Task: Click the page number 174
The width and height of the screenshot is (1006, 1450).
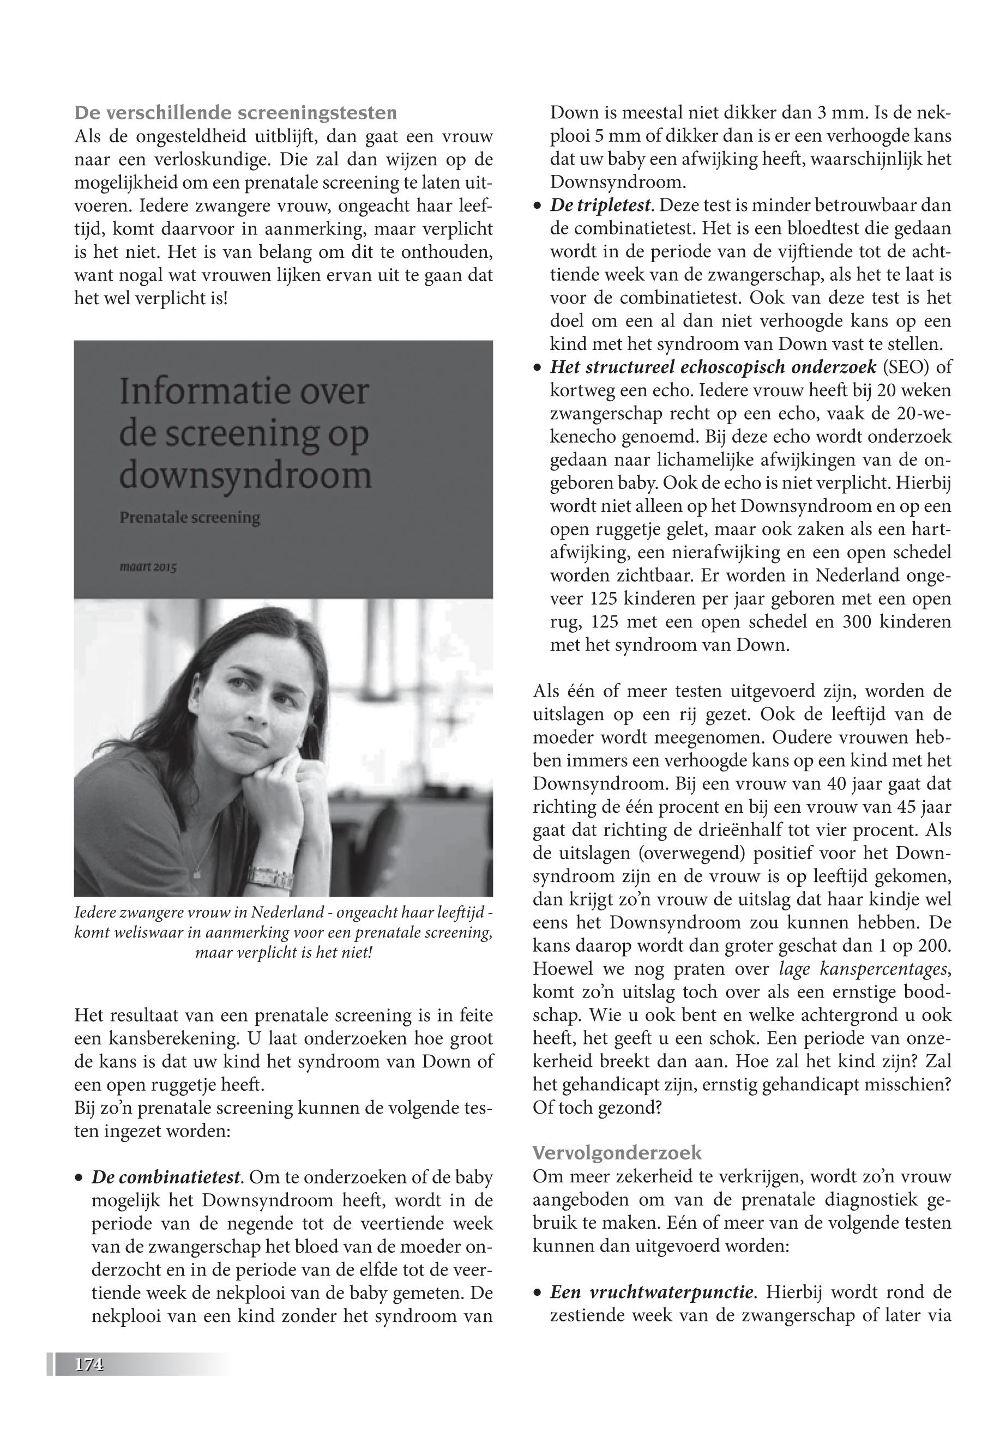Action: coord(89,1364)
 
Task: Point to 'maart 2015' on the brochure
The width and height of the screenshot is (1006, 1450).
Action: coord(148,567)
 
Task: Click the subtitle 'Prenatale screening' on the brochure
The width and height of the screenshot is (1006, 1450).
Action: coord(190,518)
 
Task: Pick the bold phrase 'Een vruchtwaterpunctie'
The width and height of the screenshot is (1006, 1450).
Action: coord(652,1292)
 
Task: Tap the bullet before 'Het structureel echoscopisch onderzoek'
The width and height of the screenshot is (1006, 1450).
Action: coord(537,368)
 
